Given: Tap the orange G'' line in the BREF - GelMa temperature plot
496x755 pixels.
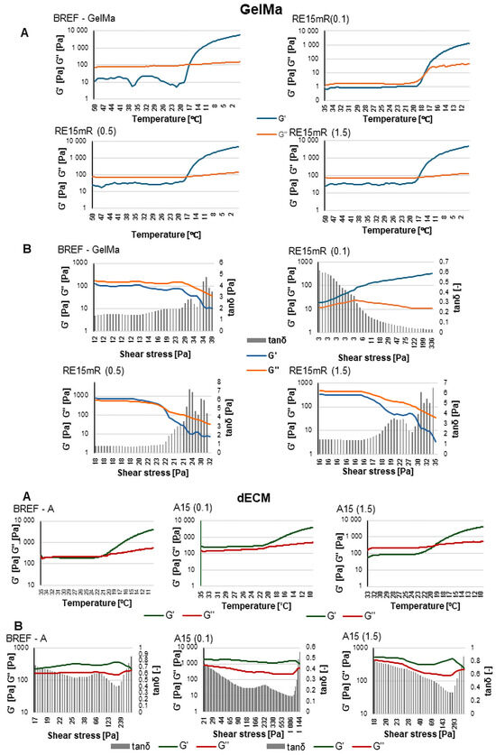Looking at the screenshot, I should point(135,66).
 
